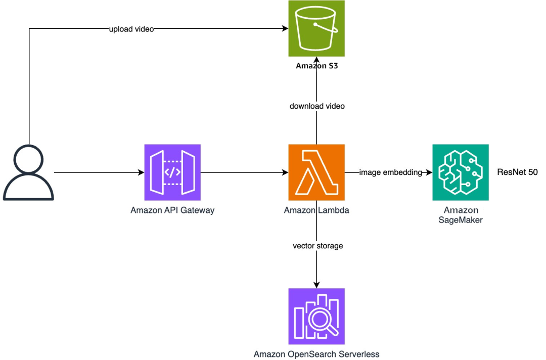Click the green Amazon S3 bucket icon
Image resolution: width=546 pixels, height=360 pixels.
click(x=316, y=28)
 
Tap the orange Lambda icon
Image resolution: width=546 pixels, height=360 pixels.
click(x=316, y=172)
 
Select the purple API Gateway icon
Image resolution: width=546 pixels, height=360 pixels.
click(x=172, y=172)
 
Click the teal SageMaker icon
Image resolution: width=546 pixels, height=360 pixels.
click(x=461, y=172)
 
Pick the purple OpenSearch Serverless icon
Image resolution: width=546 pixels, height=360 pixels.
click(x=316, y=316)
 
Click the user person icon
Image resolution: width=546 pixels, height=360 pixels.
click(x=28, y=172)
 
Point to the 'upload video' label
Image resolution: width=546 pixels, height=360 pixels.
click(x=131, y=29)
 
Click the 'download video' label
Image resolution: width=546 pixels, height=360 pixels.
click(x=316, y=106)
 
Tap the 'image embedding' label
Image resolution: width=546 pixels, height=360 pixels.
click(x=390, y=173)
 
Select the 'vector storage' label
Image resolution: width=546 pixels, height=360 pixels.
click(x=318, y=246)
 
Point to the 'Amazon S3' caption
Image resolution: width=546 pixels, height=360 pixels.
click(x=316, y=67)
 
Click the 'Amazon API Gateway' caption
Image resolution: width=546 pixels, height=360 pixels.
click(x=172, y=210)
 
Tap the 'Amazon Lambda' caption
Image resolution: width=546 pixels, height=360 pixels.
click(x=316, y=210)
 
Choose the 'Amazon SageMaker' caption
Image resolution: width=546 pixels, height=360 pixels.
click(x=461, y=215)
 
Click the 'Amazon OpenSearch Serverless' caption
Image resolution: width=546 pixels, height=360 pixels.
click(x=316, y=354)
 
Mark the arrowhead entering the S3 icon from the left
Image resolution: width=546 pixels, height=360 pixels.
click(x=285, y=29)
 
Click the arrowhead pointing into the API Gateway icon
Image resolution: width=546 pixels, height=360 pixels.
click(x=141, y=173)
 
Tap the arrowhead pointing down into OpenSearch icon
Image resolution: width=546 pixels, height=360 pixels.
click(x=316, y=285)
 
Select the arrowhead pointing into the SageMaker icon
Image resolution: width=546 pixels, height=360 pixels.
click(x=429, y=173)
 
